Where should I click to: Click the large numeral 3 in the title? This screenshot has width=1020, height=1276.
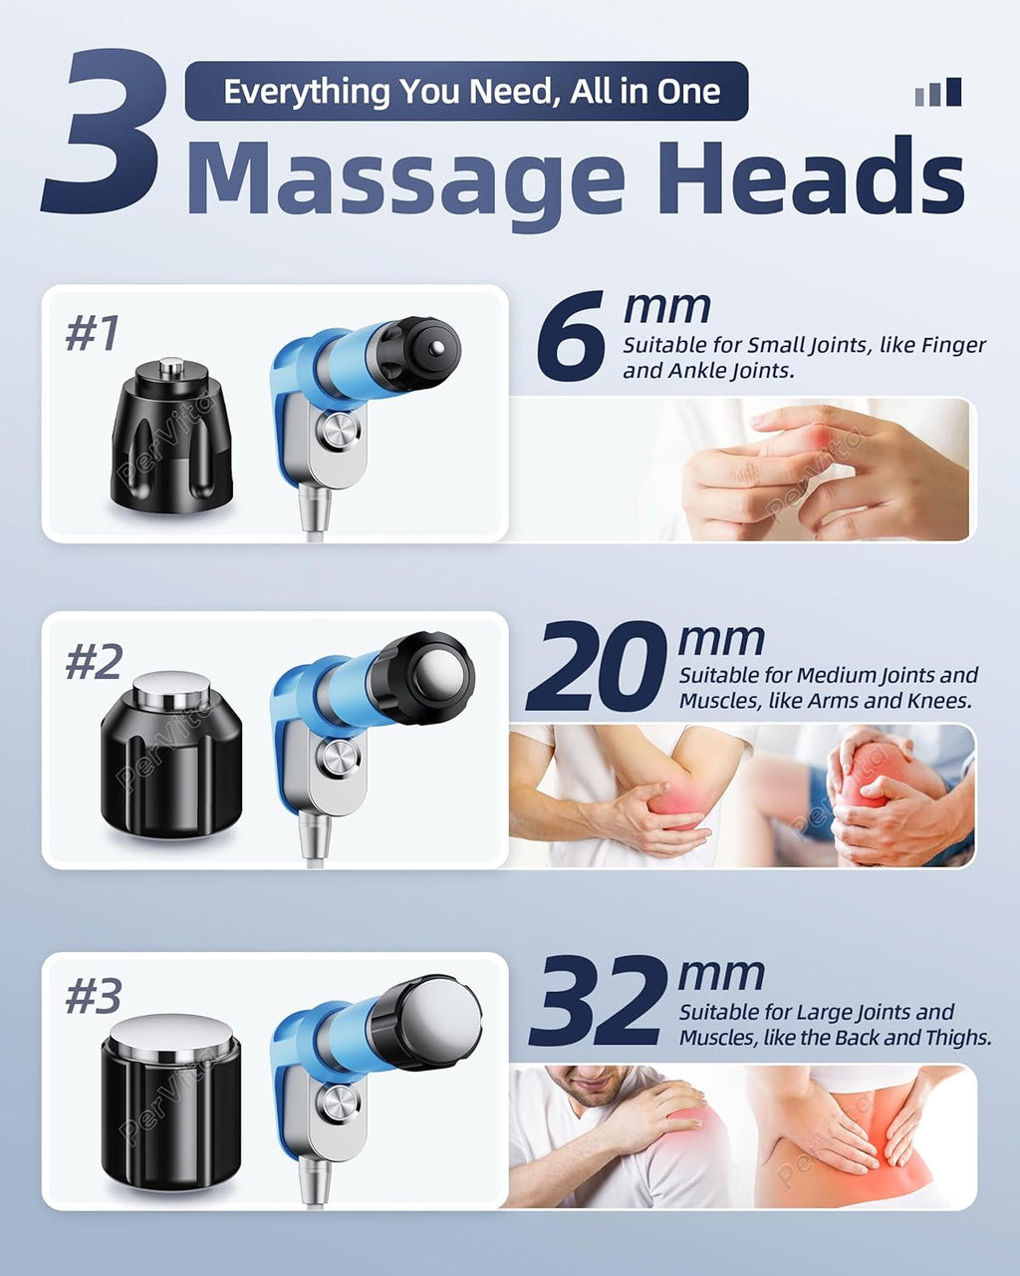tap(102, 131)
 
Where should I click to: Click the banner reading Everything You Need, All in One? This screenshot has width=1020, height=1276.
tap(467, 91)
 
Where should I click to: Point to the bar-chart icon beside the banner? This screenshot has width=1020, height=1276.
tap(937, 92)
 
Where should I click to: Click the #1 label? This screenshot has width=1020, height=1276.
tap(93, 333)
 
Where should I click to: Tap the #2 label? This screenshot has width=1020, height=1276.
tap(94, 661)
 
